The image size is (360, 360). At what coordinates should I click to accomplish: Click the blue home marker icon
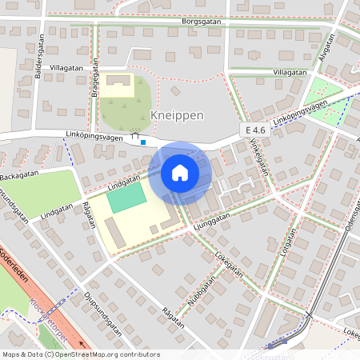(179, 172)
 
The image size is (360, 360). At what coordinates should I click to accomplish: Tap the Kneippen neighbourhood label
(177, 115)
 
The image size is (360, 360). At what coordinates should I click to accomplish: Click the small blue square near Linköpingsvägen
(142, 143)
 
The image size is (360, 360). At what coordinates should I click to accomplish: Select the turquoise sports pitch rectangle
(128, 197)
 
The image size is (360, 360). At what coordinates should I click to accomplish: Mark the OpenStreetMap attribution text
(80, 354)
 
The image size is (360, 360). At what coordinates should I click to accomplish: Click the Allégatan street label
(324, 50)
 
